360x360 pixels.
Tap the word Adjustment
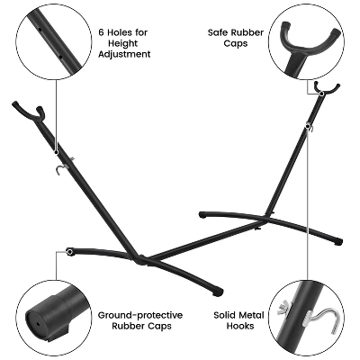click(124, 54)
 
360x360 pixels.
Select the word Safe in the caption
click(219, 32)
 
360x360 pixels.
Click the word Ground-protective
click(140, 315)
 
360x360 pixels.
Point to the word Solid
click(224, 315)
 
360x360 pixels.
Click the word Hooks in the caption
click(240, 326)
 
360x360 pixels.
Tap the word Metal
click(251, 315)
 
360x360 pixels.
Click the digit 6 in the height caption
click(102, 32)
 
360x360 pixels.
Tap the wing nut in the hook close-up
click(284, 307)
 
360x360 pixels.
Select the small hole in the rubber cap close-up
click(39, 324)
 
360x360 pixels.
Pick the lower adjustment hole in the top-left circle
click(60, 56)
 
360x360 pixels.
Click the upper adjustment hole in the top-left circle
click(39, 29)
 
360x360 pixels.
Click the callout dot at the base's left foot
click(70, 252)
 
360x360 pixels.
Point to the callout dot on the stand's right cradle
click(321, 94)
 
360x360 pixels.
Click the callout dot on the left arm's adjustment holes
click(56, 152)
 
